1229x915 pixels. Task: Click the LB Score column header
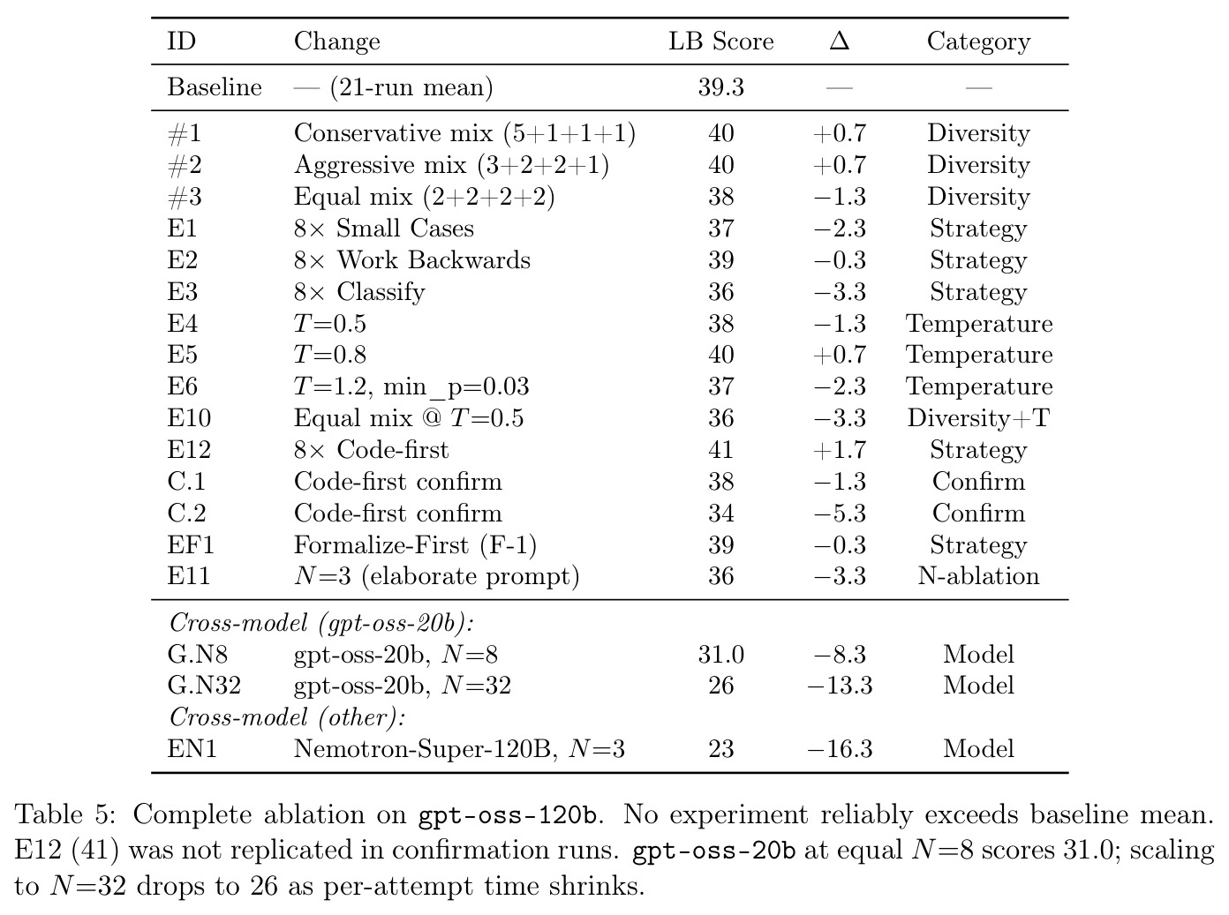pyautogui.click(x=720, y=41)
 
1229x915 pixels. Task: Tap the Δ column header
pyautogui.click(x=839, y=41)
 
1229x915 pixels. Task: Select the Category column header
pyautogui.click(x=978, y=42)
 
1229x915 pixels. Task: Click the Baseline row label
pyautogui.click(x=215, y=87)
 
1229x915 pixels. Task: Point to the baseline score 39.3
pyautogui.click(x=720, y=87)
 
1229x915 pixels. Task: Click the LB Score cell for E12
pyautogui.click(x=720, y=449)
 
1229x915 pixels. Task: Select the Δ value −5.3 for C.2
pyautogui.click(x=840, y=513)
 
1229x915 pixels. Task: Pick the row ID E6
pyautogui.click(x=182, y=386)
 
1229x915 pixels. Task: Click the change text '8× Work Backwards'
pyautogui.click(x=411, y=259)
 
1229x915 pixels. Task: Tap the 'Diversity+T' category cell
pyautogui.click(x=978, y=417)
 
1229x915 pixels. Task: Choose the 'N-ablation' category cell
pyautogui.click(x=978, y=576)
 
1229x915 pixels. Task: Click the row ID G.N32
pyautogui.click(x=204, y=685)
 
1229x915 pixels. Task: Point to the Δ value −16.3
pyautogui.click(x=840, y=749)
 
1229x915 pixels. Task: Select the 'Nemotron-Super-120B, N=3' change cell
pyautogui.click(x=459, y=749)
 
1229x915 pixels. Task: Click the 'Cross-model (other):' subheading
pyautogui.click(x=287, y=717)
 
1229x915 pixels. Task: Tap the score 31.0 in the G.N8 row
pyautogui.click(x=720, y=654)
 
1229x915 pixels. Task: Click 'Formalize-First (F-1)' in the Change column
pyautogui.click(x=415, y=545)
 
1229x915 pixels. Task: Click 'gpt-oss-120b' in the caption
pyautogui.click(x=509, y=816)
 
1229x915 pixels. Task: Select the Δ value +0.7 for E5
pyautogui.click(x=840, y=355)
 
